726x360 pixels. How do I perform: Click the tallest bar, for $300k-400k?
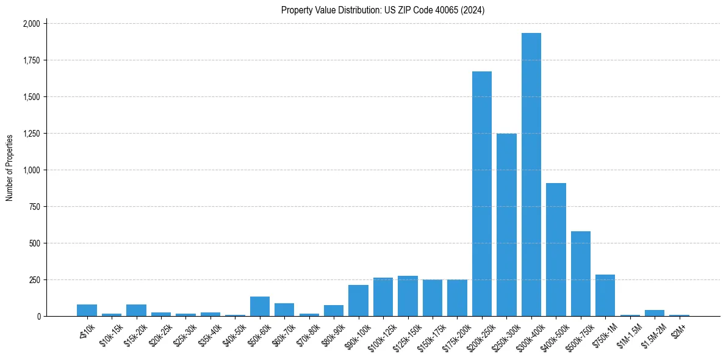tap(531, 175)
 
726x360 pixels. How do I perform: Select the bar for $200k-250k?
tap(482, 194)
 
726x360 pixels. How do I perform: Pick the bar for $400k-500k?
tap(556, 250)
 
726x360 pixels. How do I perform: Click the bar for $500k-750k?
tap(581, 274)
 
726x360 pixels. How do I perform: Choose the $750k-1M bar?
tap(605, 295)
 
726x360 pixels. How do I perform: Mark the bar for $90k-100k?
tap(358, 301)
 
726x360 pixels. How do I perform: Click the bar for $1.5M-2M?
tap(655, 313)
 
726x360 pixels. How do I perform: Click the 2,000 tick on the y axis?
tap(31, 24)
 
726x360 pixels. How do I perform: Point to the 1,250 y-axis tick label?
tap(31, 134)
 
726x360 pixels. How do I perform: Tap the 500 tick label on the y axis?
tap(35, 243)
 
